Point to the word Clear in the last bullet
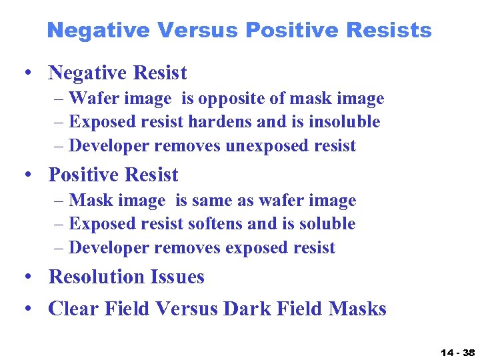(73, 309)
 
